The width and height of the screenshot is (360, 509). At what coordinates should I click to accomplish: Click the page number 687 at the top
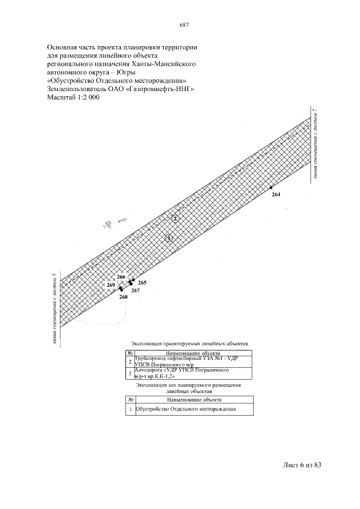click(183, 25)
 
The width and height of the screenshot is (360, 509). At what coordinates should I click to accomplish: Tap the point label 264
click(276, 194)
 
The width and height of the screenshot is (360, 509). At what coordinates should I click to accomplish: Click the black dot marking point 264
click(271, 187)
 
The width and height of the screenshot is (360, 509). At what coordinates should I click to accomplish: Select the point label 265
click(142, 282)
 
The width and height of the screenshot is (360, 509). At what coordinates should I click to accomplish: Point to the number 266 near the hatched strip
click(121, 277)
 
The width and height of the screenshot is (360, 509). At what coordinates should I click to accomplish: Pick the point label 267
click(136, 290)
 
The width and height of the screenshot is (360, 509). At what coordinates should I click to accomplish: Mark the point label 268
click(123, 296)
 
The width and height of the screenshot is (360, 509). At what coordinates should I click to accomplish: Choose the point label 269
click(111, 285)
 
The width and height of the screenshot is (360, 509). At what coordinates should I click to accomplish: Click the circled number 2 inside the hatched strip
click(175, 218)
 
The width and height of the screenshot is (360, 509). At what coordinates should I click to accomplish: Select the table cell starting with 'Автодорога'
click(193, 373)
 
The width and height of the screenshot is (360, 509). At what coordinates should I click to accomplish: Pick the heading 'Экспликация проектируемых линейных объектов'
click(189, 343)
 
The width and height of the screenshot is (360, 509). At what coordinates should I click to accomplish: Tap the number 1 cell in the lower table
click(130, 409)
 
